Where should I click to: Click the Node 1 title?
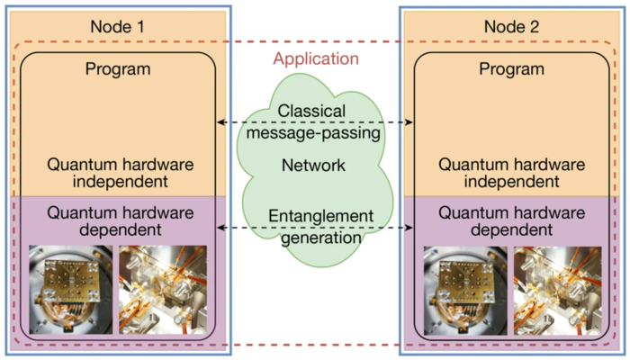pos(117,26)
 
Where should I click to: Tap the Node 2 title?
pos(511,26)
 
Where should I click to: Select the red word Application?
pos(316,59)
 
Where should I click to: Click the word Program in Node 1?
pos(118,69)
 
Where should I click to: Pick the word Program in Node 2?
pos(511,69)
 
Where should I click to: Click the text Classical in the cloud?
pos(311,111)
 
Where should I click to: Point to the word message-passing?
pos(313,133)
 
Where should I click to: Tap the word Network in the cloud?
pos(313,165)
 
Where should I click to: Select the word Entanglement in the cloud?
pos(321,216)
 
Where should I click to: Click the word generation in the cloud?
pos(321,238)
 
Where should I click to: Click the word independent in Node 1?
pos(120,182)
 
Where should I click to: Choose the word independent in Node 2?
pos(511,182)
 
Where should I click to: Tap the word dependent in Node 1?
pos(121,229)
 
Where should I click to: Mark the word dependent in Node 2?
pos(511,229)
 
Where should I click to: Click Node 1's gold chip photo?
pos(71,290)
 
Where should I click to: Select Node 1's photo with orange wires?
pos(163,290)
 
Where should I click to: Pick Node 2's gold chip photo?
pos(465,291)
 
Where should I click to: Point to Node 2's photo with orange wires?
pos(558,291)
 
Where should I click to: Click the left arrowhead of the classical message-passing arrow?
pos(220,122)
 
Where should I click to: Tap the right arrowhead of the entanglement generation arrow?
pos(409,228)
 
